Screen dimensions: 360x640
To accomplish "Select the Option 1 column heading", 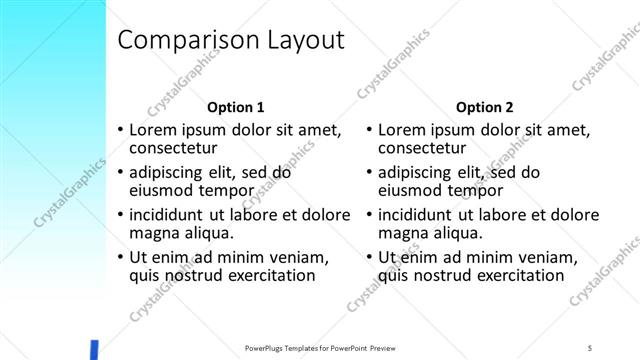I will click(235, 107).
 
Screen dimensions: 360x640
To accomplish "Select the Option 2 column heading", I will click(484, 107).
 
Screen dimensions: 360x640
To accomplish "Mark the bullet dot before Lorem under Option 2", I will click(369, 130).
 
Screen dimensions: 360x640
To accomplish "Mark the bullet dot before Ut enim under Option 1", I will click(120, 257).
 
